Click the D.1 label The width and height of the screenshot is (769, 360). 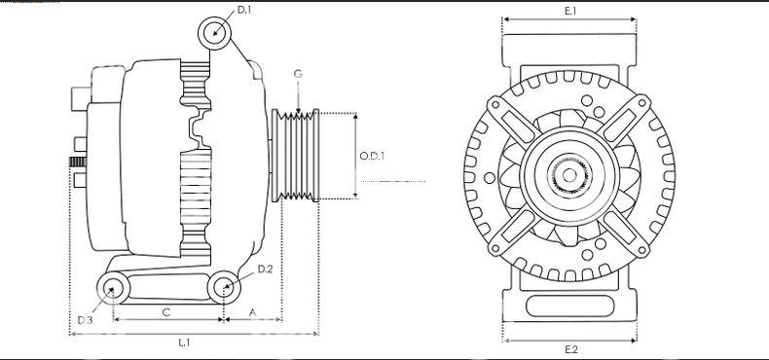tap(243, 10)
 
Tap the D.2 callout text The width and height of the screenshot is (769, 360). tap(265, 269)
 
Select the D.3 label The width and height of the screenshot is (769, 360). tap(85, 320)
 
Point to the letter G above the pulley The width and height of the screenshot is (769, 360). tap(298, 75)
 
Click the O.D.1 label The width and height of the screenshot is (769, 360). tap(372, 156)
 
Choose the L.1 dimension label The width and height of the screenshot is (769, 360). tap(184, 342)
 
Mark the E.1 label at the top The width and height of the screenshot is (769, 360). tap(569, 11)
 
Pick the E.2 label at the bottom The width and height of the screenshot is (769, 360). tap(570, 349)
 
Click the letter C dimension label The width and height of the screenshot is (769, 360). tap(166, 312)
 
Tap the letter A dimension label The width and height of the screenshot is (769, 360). tap(252, 312)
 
